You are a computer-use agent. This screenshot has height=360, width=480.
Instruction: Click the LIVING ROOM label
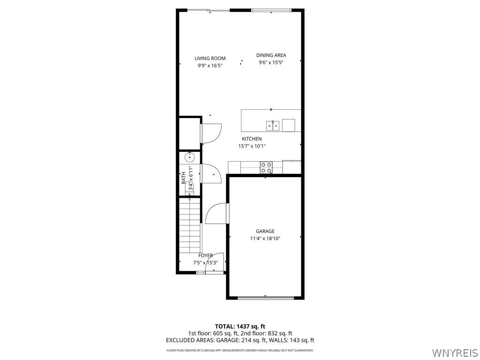coord(210,59)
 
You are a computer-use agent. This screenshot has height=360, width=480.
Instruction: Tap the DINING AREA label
coord(271,55)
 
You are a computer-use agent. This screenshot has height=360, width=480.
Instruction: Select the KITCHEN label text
coord(252,139)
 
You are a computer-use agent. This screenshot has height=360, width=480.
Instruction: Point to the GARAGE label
coord(265,231)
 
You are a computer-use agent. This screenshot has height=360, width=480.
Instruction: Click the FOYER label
coord(205,255)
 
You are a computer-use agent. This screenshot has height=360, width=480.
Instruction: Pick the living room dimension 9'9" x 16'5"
coord(210,66)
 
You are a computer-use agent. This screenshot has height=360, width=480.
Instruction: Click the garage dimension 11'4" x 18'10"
coord(265,239)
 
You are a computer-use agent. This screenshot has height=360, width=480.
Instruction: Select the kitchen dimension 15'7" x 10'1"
coord(252,146)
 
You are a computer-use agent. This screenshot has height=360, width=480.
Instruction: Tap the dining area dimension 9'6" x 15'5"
coord(271,62)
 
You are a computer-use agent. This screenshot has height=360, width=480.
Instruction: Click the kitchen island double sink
coord(273,125)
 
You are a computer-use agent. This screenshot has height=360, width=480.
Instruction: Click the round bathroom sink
coord(190,157)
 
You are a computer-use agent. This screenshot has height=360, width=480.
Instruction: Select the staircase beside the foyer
coord(190,225)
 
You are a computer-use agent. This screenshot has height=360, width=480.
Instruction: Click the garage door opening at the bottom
coord(265,298)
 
